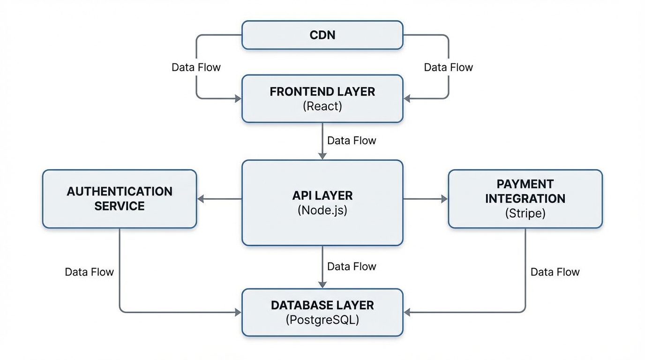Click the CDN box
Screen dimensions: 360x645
pyautogui.click(x=322, y=35)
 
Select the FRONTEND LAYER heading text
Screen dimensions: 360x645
pyautogui.click(x=322, y=91)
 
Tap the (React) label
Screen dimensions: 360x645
pyautogui.click(x=322, y=106)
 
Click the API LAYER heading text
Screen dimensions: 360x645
pyautogui.click(x=322, y=195)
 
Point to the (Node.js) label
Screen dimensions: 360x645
pyautogui.click(x=322, y=210)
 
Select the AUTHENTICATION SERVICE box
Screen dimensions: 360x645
pyautogui.click(x=120, y=199)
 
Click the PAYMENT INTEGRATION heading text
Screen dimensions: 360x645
pyautogui.click(x=525, y=191)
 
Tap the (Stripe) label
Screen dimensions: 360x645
pyautogui.click(x=525, y=213)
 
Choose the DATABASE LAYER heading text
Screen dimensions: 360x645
pyautogui.click(x=322, y=305)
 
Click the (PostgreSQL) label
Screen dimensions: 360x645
pyautogui.click(x=322, y=320)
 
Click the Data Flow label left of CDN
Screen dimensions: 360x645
pyautogui.click(x=196, y=67)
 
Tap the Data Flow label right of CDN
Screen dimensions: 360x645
pyautogui.click(x=448, y=67)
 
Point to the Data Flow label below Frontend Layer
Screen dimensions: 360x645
pyautogui.click(x=352, y=141)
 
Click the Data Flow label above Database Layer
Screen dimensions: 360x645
pyautogui.click(x=352, y=266)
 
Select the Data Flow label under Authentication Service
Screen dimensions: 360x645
pyautogui.click(x=89, y=272)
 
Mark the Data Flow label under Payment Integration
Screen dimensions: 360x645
pyautogui.click(x=555, y=272)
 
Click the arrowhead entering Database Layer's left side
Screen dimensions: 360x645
pyautogui.click(x=238, y=312)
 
